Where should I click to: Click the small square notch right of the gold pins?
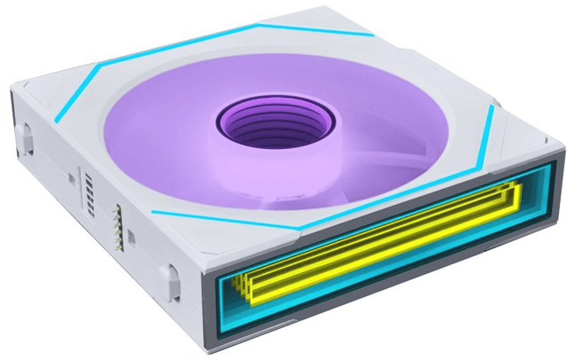(131, 236)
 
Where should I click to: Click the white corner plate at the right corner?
(523, 133)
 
